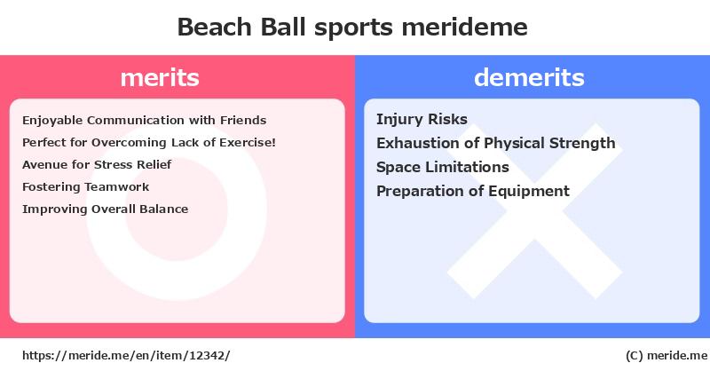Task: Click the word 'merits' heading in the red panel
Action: [160, 77]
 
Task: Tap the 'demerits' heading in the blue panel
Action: [529, 77]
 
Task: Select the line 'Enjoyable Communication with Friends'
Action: [145, 121]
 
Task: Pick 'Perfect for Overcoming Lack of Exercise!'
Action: [149, 143]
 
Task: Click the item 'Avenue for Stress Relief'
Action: [97, 164]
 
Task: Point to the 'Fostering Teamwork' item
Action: [85, 187]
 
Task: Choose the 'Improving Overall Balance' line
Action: [105, 209]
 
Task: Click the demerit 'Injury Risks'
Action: [422, 120]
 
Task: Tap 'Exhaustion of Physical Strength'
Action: [496, 143]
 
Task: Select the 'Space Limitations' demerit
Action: [443, 167]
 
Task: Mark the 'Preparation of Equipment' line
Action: [473, 191]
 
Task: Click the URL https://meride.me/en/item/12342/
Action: [126, 356]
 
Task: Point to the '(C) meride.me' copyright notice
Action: [667, 356]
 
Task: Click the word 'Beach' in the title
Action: [214, 27]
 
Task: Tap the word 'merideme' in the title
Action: [464, 27]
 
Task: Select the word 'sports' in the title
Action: [353, 28]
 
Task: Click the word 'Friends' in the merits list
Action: [243, 121]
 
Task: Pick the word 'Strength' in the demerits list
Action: [582, 143]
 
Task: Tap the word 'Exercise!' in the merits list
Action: [248, 143]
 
